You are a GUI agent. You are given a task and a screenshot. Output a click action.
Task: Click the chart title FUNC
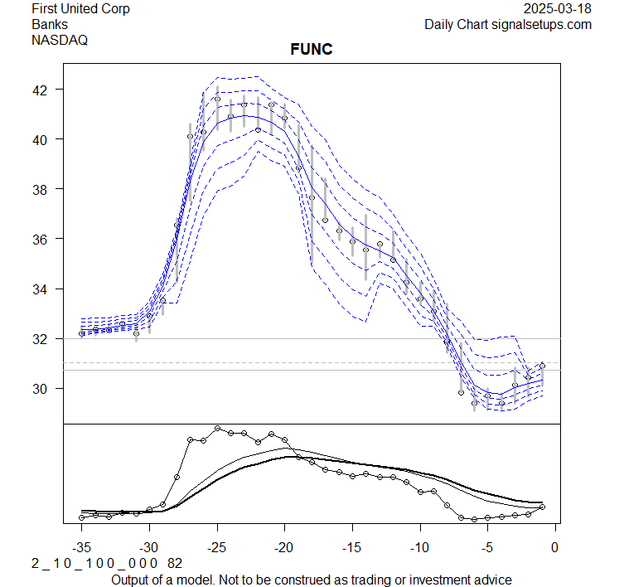point(311,51)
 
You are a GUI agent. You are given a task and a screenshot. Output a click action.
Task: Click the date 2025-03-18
point(558,9)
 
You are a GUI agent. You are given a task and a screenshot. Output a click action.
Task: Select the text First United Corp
point(80,9)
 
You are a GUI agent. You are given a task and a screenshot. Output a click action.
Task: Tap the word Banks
point(50,24)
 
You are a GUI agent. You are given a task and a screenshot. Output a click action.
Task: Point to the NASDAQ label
point(60,39)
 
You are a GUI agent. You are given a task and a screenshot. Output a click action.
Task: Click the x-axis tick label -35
point(81,547)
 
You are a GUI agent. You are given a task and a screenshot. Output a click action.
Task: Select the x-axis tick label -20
point(284,547)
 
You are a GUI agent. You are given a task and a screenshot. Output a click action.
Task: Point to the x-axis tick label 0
point(554,547)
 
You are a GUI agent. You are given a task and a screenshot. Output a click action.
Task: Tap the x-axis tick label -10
point(419,547)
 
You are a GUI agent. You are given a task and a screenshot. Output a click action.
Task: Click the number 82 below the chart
point(175,564)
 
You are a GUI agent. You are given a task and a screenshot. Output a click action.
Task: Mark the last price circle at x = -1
point(542,365)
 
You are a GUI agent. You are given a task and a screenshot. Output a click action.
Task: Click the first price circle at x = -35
point(81,333)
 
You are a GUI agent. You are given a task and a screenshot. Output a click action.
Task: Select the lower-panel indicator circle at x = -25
point(217,429)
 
